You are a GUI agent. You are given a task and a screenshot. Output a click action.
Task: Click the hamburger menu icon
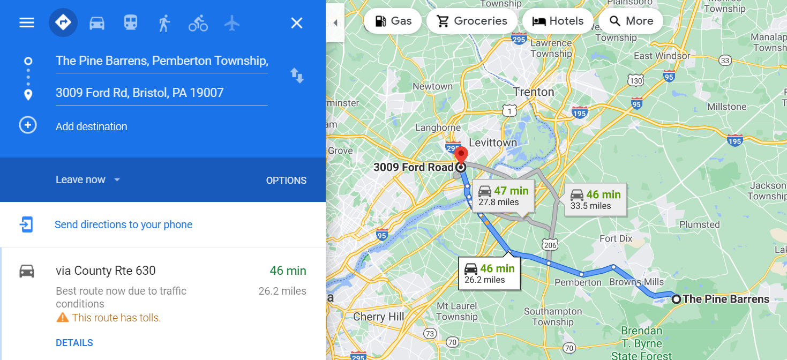click(27, 22)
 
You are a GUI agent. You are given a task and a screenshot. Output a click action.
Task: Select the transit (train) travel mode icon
click(131, 22)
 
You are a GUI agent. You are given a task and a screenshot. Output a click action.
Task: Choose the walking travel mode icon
click(164, 22)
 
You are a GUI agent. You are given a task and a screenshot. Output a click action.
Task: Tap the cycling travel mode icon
click(198, 23)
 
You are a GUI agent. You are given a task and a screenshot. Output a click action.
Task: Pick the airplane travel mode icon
click(232, 22)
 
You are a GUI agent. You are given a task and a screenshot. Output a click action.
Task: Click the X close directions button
click(296, 22)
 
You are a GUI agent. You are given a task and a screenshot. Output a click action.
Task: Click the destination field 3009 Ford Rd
click(161, 93)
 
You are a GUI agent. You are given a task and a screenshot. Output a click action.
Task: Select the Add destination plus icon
click(28, 125)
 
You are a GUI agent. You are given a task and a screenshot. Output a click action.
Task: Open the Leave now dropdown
click(88, 180)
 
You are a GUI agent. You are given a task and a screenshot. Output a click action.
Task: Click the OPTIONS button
click(286, 181)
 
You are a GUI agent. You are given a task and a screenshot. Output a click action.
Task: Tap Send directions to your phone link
click(123, 224)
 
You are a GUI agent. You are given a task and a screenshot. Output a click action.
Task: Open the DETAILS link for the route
click(74, 343)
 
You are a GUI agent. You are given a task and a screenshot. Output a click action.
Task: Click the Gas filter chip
click(393, 21)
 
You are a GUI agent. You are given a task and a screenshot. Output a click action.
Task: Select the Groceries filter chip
click(471, 21)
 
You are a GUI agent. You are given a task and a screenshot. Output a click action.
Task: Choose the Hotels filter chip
click(557, 21)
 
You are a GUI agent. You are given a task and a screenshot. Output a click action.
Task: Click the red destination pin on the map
click(461, 156)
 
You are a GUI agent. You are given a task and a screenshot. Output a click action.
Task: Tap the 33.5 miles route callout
click(595, 199)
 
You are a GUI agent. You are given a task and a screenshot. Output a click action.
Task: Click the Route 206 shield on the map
click(550, 245)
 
